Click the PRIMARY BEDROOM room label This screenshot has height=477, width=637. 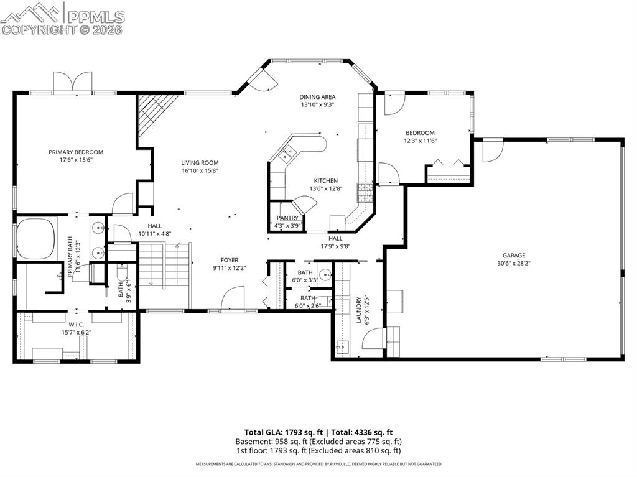coord(76,152)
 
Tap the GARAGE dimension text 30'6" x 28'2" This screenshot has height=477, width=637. coord(514,263)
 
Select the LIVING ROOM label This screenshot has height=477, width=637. coord(200,162)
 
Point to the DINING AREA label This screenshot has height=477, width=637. coord(317,97)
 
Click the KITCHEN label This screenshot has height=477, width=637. coord(325,180)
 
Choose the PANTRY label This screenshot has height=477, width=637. coord(287,218)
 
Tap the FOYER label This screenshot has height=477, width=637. coord(229,260)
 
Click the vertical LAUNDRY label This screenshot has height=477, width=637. coord(359,309)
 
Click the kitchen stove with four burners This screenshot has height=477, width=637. coord(365,194)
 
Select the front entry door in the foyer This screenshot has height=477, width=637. coord(233,299)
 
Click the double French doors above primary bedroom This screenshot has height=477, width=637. coord(73,81)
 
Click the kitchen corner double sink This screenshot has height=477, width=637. coord(287,153)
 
